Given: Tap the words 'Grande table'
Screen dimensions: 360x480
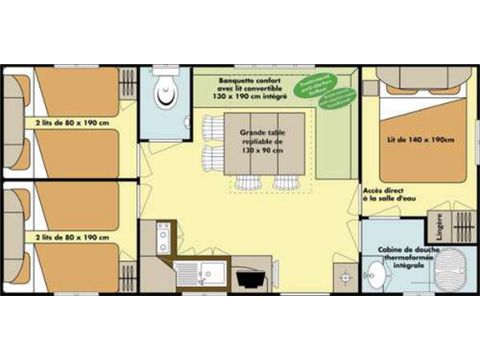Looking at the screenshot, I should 260,131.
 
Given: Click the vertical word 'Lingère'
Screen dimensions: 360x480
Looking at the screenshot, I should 439,225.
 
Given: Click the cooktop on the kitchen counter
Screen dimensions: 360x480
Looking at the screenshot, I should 163,238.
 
